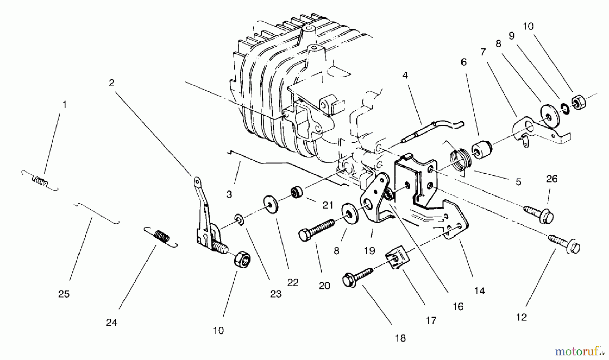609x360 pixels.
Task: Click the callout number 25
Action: [64, 294]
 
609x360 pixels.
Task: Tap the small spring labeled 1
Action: [40, 181]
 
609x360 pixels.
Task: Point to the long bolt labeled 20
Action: [316, 229]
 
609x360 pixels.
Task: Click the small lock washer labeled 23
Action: [239, 221]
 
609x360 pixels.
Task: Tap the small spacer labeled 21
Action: [297, 194]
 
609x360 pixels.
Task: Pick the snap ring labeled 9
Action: [564, 107]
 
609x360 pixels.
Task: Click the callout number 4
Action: [405, 75]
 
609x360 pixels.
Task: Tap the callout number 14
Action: [479, 291]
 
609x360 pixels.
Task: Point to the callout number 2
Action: [112, 83]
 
